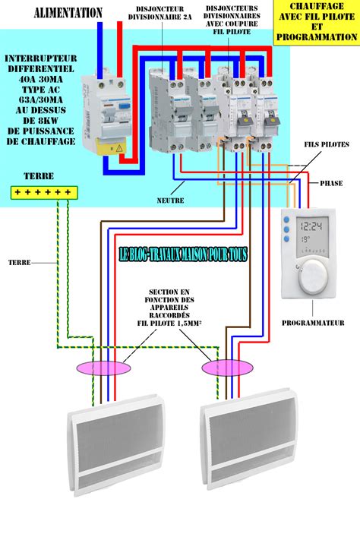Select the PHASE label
coord(332,182)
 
